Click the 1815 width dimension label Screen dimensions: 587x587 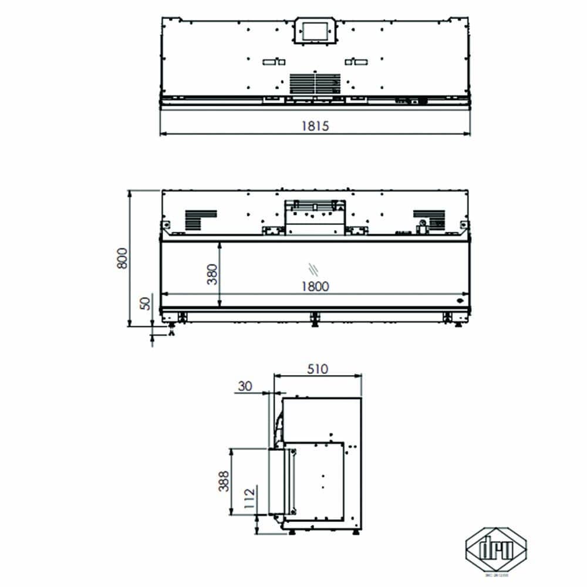pos(315,126)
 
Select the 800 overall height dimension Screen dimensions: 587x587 pos(122,258)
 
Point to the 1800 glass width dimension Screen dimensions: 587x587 pos(315,286)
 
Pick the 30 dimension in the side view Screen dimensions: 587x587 pos(245,386)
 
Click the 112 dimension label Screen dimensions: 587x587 pos(249,497)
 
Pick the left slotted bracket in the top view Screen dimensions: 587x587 pos(273,62)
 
